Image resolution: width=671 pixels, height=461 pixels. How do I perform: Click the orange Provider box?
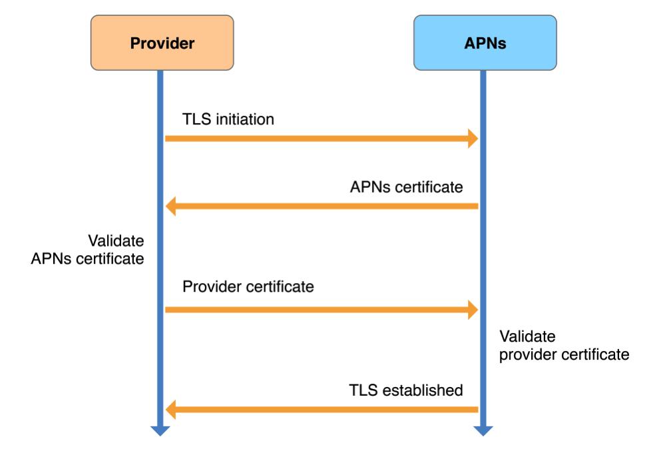162,43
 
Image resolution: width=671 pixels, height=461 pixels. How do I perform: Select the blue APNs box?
485,43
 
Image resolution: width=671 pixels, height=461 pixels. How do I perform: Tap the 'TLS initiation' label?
228,119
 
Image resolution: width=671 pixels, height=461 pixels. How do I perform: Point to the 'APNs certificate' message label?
406,187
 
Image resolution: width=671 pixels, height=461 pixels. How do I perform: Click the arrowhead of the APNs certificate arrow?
170,206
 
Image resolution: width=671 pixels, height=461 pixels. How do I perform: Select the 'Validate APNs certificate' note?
87,249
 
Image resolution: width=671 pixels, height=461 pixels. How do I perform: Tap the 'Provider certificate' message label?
248,286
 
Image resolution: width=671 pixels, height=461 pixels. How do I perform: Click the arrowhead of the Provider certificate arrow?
473,309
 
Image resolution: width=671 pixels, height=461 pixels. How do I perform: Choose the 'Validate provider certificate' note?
564,345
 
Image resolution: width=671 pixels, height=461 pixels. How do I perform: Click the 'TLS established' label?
406,390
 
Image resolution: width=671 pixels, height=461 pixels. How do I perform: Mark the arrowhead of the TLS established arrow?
170,409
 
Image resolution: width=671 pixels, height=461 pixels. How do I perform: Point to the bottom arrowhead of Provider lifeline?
160,430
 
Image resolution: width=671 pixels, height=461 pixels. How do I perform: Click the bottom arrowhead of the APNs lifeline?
483,430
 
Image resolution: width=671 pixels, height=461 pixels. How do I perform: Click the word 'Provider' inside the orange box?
162,44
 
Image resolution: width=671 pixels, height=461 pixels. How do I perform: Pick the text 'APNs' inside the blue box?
485,44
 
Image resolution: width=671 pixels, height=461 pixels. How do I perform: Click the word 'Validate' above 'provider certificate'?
527,336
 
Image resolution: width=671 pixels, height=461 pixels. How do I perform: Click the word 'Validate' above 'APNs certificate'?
116,240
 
